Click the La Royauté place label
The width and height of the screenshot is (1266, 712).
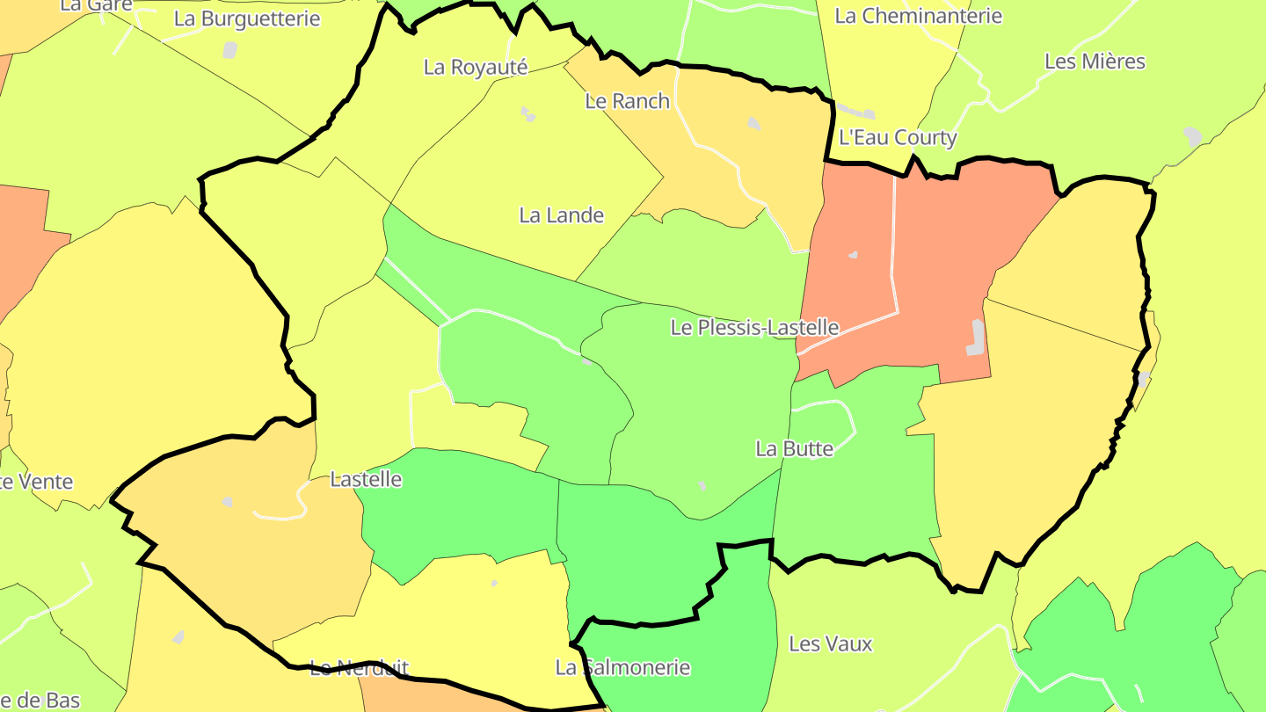tap(475, 67)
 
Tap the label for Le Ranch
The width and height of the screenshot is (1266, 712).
tap(627, 101)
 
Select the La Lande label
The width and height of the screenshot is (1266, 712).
tap(561, 215)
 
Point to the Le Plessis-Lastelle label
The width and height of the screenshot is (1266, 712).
tap(754, 328)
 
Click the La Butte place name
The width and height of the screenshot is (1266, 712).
tap(794, 449)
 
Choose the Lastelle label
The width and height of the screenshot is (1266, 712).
tap(366, 479)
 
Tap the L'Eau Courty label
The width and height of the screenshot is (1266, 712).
tap(898, 138)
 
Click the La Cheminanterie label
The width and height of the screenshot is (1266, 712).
tap(918, 16)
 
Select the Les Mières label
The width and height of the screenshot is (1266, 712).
tap(1095, 62)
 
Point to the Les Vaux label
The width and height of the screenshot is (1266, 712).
tap(830, 644)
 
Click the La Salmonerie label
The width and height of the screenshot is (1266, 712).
tap(622, 668)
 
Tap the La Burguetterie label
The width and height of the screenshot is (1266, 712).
tap(247, 18)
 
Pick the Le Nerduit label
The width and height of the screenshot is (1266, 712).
tap(360, 668)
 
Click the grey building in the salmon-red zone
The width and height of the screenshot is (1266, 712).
tap(976, 338)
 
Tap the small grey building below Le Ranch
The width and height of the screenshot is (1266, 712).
tap(753, 124)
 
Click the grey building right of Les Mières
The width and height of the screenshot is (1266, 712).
tap(1192, 137)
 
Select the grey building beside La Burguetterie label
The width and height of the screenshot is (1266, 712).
tap(230, 49)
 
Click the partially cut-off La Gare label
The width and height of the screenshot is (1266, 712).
tap(97, 5)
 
